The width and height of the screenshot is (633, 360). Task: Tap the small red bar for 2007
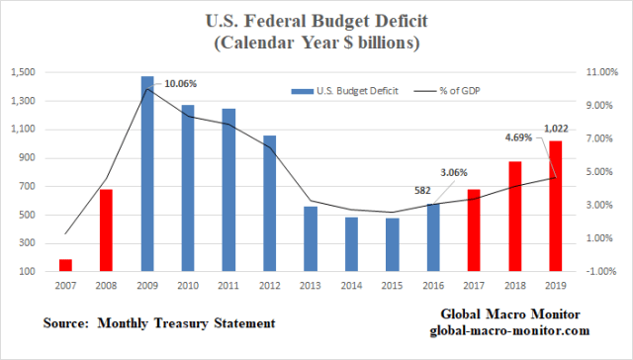[66, 264]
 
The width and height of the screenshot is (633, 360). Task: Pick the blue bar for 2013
[311, 238]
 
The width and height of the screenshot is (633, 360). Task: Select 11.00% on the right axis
[597, 73]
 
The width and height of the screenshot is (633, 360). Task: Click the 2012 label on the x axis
[269, 286]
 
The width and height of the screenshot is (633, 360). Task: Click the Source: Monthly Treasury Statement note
[158, 323]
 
